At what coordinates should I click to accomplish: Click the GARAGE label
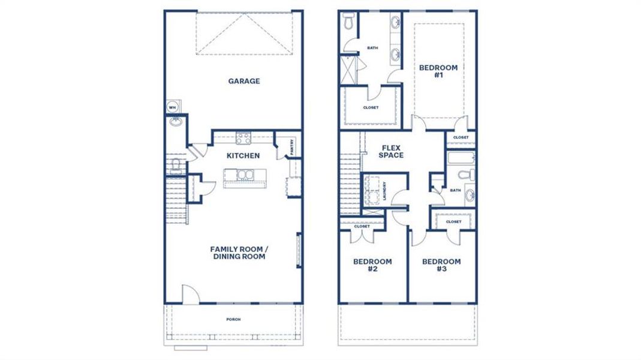pos(243,81)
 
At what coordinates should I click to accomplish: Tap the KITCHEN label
pos(243,156)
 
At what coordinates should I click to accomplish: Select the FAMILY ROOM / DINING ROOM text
pos(237,253)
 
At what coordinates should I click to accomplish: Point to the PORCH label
pos(233,319)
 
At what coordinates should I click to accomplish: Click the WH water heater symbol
pos(173,107)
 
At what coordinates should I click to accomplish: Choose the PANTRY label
pos(291,147)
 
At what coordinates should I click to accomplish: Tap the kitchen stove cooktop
pos(243,138)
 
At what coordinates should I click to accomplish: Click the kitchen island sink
pos(245,176)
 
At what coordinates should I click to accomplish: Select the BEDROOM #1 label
pos(438,72)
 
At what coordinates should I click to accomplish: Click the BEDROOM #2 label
pos(372,265)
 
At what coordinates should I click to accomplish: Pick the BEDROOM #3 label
pos(441,265)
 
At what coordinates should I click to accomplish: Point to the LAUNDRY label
pos(384,191)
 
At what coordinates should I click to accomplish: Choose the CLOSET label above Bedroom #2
pos(362,227)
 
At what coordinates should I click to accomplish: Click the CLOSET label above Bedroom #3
pos(453,221)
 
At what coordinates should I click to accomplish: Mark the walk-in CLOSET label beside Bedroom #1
pos(371,107)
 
